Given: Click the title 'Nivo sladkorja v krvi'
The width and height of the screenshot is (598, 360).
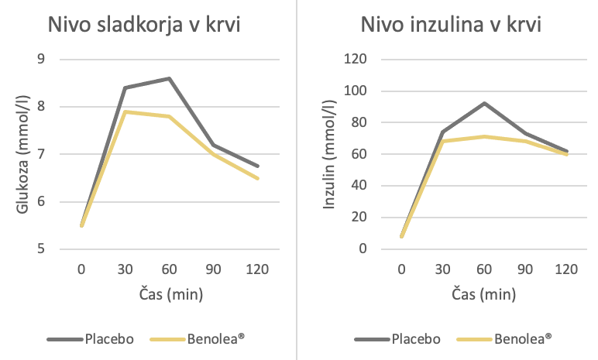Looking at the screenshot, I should click(144, 25).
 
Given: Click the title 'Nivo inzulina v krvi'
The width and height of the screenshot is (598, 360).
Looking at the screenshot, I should click(451, 25).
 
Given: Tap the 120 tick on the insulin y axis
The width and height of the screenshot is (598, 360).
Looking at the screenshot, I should click(355, 60).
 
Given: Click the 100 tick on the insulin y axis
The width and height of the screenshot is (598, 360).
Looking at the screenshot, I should click(355, 91).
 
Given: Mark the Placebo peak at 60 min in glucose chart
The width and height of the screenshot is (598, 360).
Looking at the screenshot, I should click(169, 78).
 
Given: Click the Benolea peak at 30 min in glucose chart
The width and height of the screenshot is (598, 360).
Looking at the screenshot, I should click(125, 111).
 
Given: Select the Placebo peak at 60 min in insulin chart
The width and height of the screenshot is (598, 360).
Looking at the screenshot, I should click(483, 103).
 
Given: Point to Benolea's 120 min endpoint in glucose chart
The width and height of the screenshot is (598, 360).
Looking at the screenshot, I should click(256, 179).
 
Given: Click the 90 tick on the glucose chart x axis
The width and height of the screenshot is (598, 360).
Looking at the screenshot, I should click(213, 269).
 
